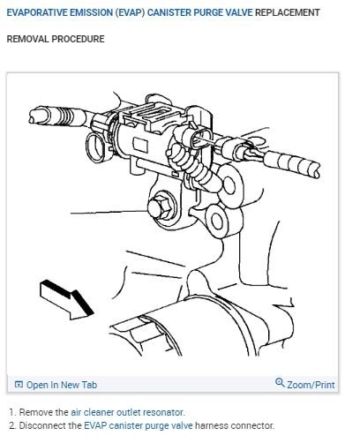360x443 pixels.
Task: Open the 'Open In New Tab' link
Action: click(x=62, y=385)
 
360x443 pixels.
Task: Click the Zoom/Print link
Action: click(x=310, y=385)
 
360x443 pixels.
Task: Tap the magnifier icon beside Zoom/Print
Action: click(x=281, y=384)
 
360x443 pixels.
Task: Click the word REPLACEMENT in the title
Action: click(x=288, y=12)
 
